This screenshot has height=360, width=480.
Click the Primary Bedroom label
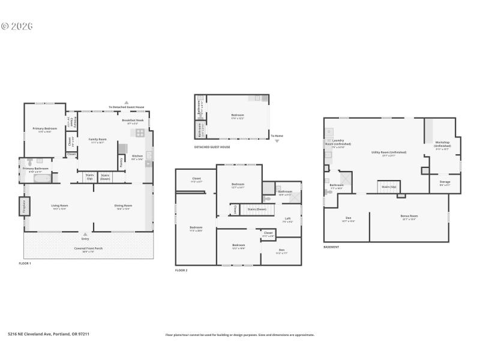click(45, 128)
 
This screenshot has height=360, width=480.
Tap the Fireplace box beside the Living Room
click(25, 207)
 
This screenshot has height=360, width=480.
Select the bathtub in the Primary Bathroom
click(42, 178)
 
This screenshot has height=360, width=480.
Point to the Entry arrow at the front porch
click(85, 234)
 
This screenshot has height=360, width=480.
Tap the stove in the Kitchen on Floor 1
click(140, 133)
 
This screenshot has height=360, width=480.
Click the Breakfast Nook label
click(133, 121)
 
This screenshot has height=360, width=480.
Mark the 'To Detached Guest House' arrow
click(126, 103)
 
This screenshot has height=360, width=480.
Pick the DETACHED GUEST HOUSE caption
click(212, 147)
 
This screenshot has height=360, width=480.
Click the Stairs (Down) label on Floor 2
click(257, 209)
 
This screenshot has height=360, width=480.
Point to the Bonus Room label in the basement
click(409, 217)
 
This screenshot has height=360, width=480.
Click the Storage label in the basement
click(445, 182)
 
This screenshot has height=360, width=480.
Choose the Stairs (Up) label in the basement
click(388, 187)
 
